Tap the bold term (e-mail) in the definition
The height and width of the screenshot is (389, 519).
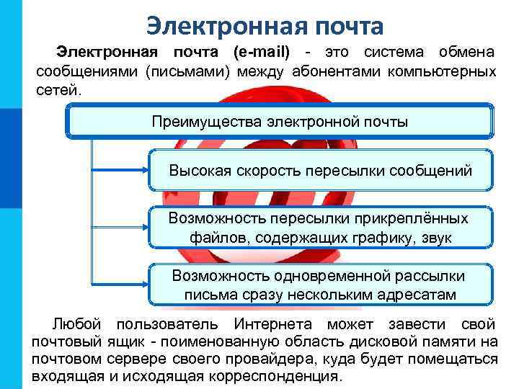[261, 53]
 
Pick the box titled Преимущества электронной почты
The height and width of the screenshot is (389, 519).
[280, 121]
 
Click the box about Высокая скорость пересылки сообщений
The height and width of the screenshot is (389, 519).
[320, 171]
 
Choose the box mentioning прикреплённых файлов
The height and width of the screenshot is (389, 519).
[320, 228]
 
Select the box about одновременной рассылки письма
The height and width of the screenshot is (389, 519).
[320, 285]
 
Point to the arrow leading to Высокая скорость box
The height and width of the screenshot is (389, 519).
[123, 171]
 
